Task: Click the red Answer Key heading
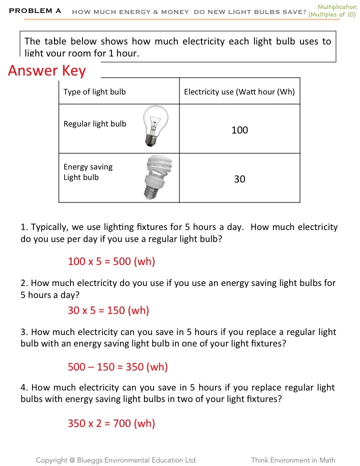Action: click(47, 71)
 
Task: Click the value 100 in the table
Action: click(239, 130)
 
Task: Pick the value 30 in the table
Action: click(239, 179)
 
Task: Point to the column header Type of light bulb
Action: click(94, 91)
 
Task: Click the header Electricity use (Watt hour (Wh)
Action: click(239, 91)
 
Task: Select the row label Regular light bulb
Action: click(94, 124)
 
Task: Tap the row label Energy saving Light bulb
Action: click(88, 172)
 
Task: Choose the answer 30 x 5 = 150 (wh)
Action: click(108, 310)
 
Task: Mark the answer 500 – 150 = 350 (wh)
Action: click(117, 367)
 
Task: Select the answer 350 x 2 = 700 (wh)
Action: click(111, 423)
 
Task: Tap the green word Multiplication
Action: click(337, 6)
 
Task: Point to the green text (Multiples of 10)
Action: click(332, 14)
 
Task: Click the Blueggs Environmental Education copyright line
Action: click(116, 460)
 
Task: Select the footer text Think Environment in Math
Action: click(293, 460)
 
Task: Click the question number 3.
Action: click(23, 332)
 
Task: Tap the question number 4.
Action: click(23, 387)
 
